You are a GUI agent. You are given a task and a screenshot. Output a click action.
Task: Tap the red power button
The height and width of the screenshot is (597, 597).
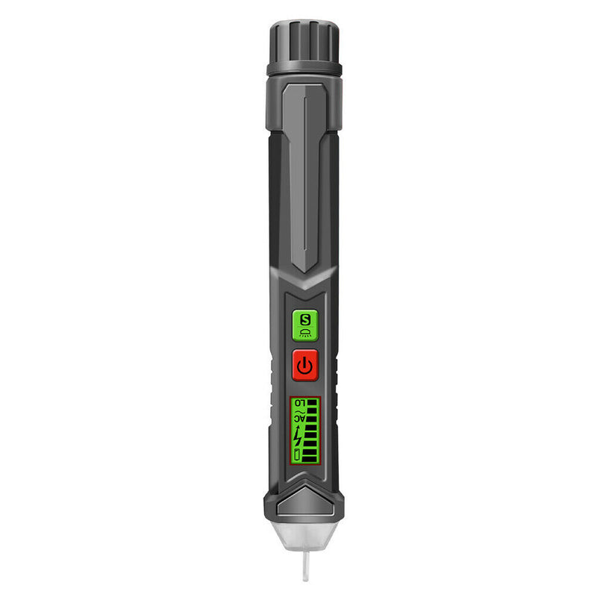[x=304, y=365]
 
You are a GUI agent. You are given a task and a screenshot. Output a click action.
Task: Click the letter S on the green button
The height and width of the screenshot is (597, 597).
[x=304, y=319]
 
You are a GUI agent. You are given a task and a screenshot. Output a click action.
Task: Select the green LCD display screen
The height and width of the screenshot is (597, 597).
[x=304, y=431]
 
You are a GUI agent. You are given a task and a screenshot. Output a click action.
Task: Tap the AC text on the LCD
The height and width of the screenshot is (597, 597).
[x=299, y=419]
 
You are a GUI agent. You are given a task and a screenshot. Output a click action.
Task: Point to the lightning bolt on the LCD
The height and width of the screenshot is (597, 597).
[x=299, y=435]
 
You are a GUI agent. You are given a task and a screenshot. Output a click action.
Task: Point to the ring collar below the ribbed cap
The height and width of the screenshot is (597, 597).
[x=304, y=69]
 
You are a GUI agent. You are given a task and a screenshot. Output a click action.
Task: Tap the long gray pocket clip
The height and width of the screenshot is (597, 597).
[x=304, y=172]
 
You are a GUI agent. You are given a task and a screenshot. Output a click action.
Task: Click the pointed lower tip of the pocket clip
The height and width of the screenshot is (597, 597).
[x=304, y=269]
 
